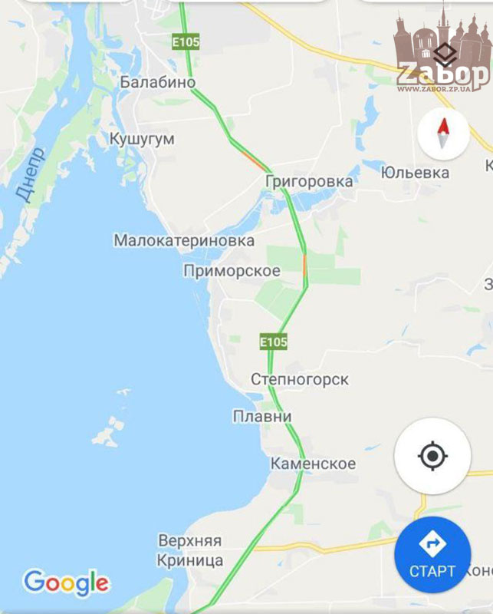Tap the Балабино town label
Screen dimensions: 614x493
tap(157, 82)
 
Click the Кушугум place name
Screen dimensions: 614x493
tap(142, 139)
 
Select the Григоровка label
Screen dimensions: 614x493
tap(308, 181)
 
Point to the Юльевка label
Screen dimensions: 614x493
tap(415, 172)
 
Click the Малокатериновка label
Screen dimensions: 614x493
tap(184, 240)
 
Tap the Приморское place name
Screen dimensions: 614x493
tap(232, 271)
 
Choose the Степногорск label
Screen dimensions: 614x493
tap(300, 379)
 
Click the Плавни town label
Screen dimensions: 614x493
tap(262, 416)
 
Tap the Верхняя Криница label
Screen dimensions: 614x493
tap(190, 550)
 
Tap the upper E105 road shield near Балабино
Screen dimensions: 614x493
tap(186, 41)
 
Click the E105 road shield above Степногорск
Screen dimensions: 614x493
tap(273, 341)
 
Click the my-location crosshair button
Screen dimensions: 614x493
tap(432, 457)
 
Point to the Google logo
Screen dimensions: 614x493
tap(66, 583)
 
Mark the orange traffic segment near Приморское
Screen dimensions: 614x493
tap(305, 266)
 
